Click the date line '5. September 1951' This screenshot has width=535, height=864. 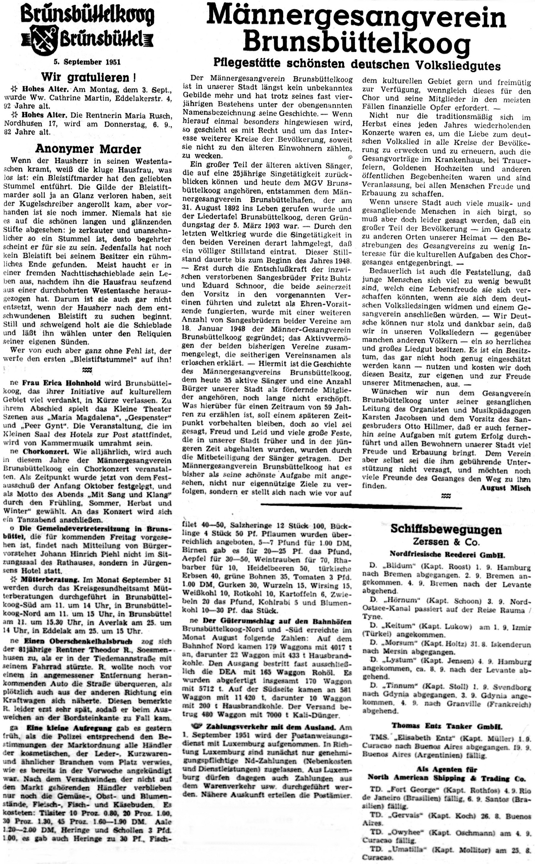click(87, 62)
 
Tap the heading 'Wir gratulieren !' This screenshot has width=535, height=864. click(89, 76)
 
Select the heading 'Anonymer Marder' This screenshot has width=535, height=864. click(88, 149)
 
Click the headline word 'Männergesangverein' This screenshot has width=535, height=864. click(356, 17)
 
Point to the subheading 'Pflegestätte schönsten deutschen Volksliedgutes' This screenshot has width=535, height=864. click(357, 64)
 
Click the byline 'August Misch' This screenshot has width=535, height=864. click(505, 488)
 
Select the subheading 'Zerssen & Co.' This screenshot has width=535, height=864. click(446, 542)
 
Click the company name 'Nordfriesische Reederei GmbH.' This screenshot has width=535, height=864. click(447, 554)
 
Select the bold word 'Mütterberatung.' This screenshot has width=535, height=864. click(51, 580)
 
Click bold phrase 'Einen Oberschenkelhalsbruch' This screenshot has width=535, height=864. click(78, 641)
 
